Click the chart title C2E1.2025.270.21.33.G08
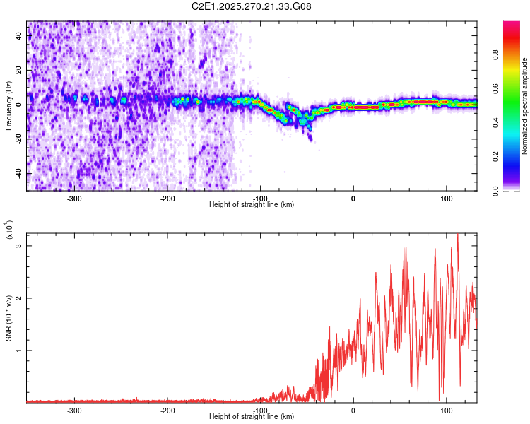252,6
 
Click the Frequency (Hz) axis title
8,106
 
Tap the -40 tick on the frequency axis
18,173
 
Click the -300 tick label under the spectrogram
74,198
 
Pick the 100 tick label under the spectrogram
446,198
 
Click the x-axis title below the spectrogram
252,205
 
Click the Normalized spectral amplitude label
526,106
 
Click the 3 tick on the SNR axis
20,246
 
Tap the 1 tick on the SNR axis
20,351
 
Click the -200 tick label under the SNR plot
167,410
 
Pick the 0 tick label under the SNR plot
353,410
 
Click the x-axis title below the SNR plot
252,417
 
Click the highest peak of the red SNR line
458,235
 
